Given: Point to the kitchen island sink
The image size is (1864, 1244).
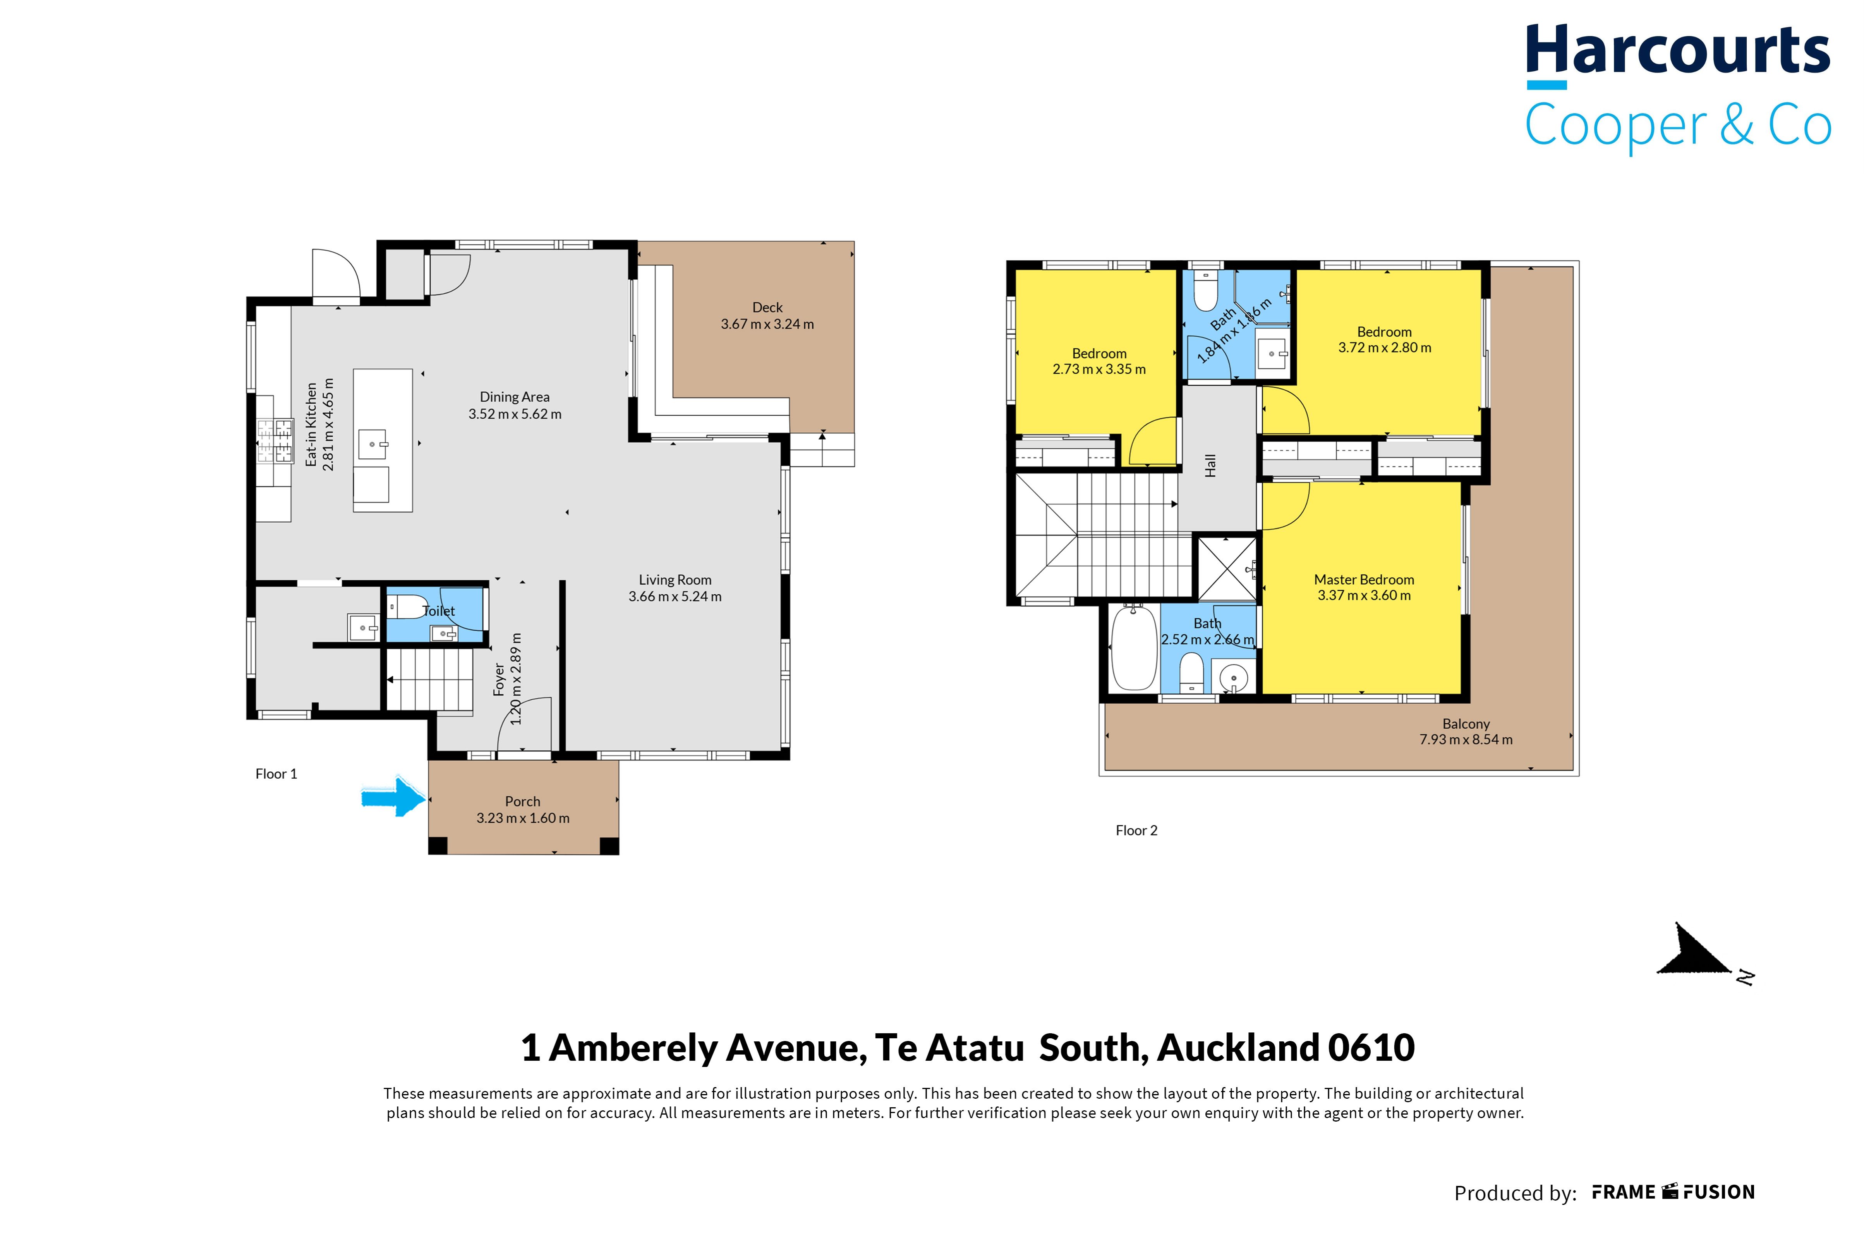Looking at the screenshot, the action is (372, 444).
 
